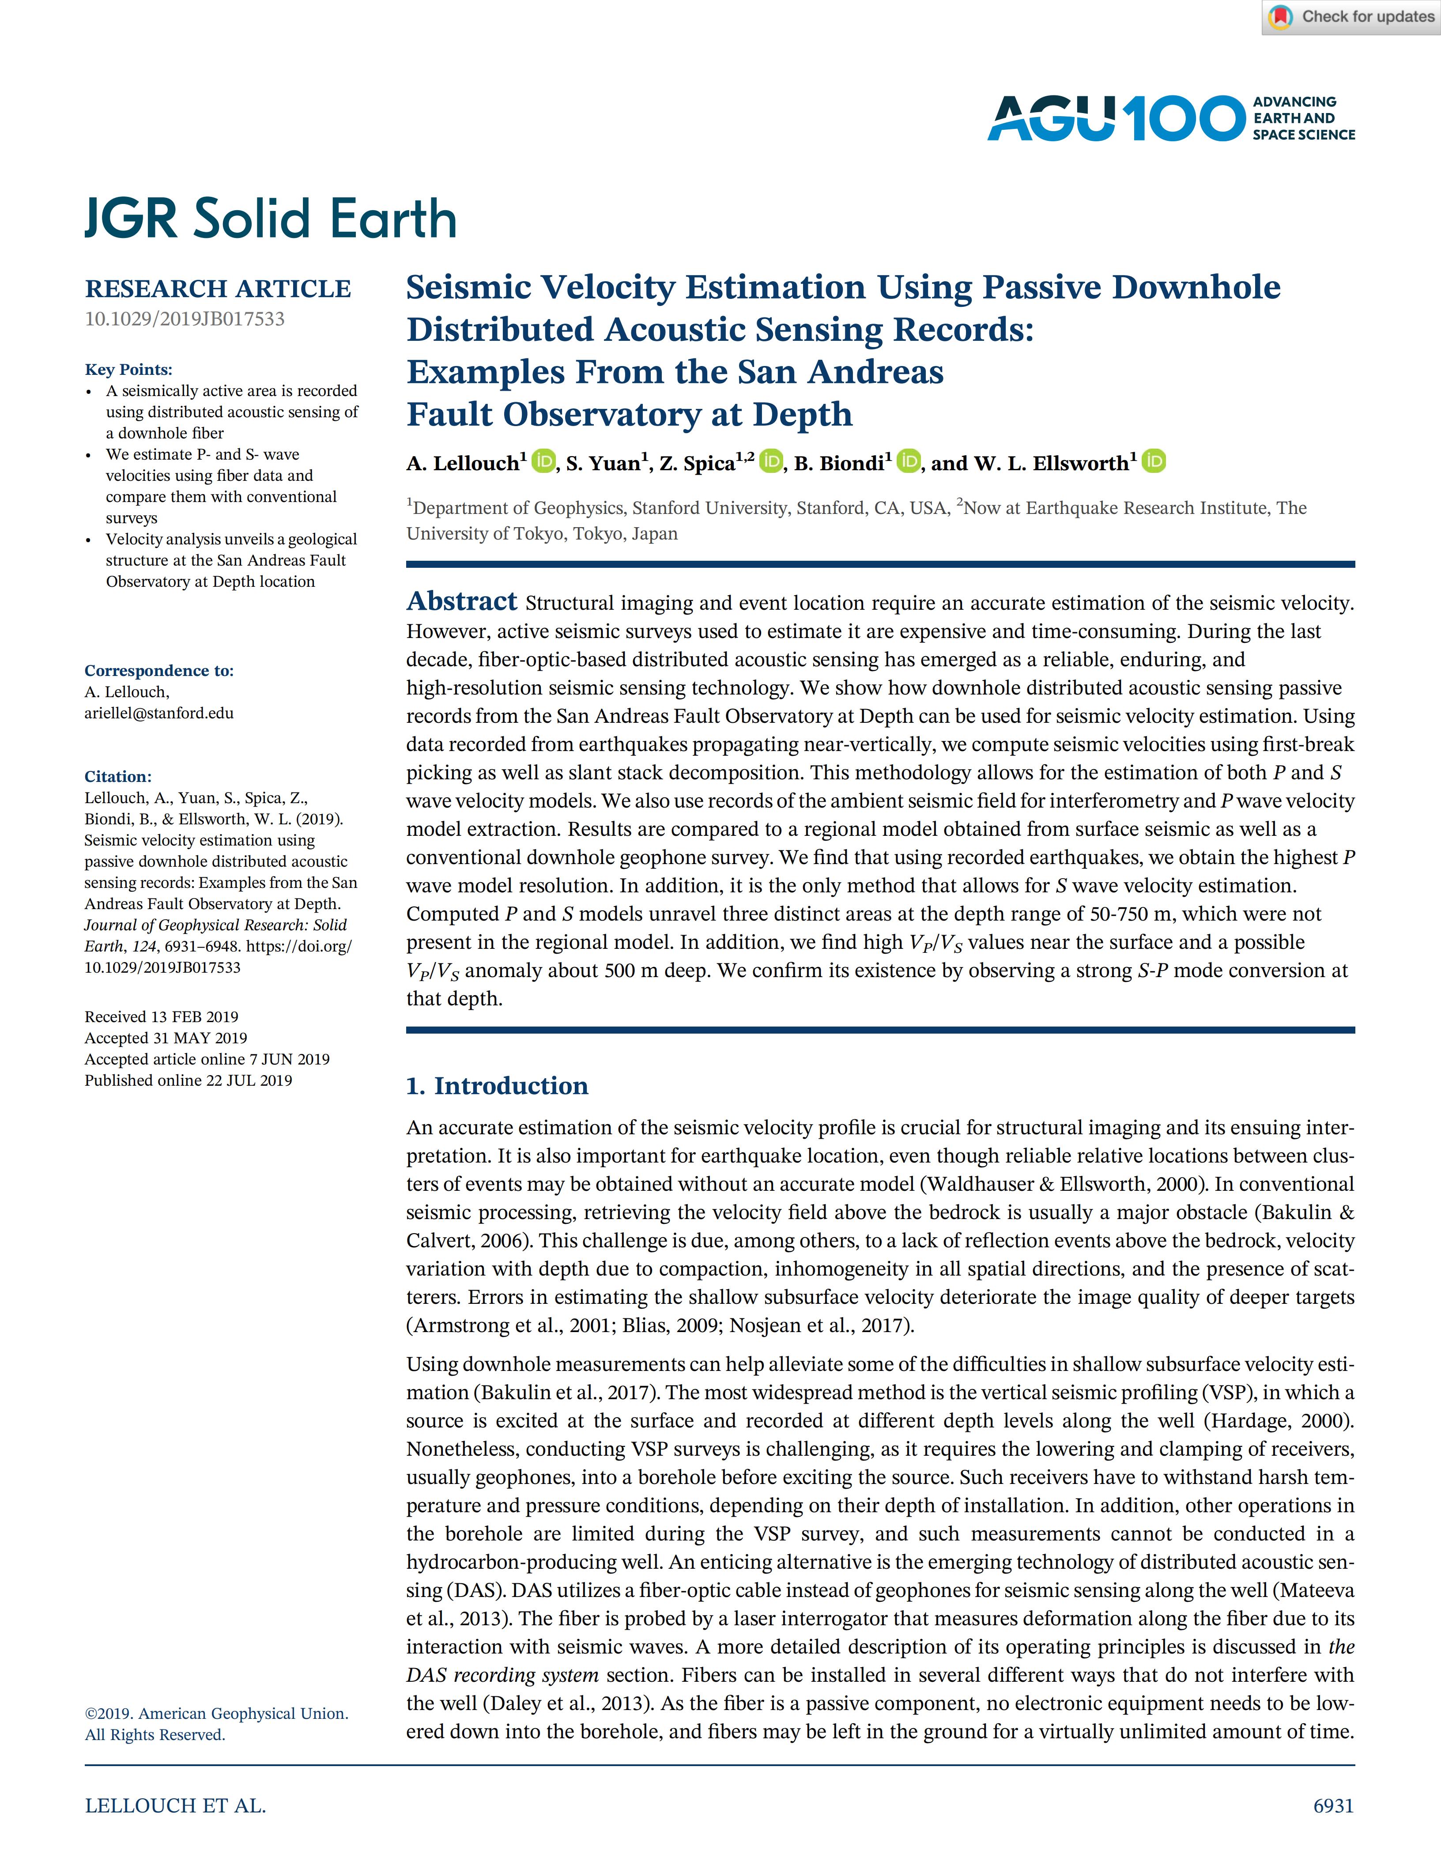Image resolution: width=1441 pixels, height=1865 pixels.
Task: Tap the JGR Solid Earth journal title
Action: [271, 219]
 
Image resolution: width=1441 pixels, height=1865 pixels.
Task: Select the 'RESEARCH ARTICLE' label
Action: [218, 289]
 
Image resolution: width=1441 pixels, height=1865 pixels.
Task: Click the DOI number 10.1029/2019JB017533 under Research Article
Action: [185, 319]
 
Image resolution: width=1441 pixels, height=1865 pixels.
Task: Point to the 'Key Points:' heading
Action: [128, 370]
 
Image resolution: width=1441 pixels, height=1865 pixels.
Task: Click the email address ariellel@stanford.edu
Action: [159, 713]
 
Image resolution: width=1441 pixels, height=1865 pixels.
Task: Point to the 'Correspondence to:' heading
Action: [159, 670]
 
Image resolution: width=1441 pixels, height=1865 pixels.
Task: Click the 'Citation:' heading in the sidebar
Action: [118, 776]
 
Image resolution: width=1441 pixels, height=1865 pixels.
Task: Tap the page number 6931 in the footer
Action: [1332, 1805]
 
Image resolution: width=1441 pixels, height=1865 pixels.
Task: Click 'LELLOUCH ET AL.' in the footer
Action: [175, 1805]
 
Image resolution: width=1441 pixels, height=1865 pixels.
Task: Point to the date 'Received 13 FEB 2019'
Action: [161, 1016]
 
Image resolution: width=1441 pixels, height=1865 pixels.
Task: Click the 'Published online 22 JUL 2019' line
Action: [188, 1080]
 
